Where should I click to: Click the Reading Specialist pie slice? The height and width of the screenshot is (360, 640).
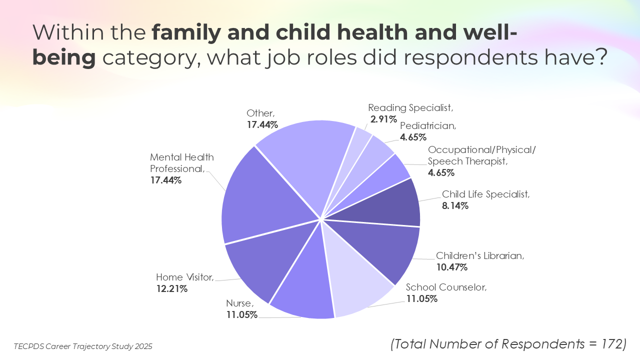point(359,145)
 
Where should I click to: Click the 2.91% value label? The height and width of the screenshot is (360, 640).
point(383,119)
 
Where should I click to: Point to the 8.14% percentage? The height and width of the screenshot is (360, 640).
point(455,205)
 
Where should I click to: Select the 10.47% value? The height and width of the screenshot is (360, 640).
point(451,267)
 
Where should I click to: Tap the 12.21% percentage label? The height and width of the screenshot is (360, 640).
point(171,289)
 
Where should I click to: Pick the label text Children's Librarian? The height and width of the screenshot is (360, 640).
point(479,256)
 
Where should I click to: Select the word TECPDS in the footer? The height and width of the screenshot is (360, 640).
point(30,346)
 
